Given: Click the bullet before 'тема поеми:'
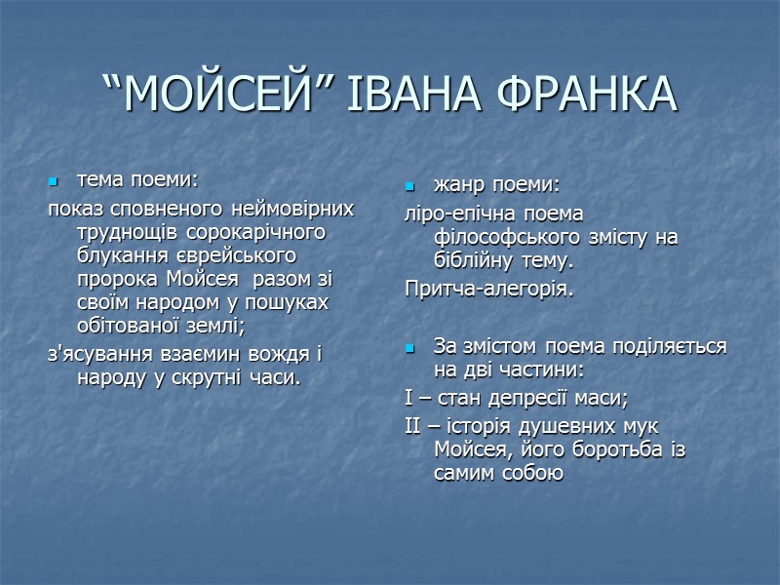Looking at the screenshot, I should [x=55, y=181].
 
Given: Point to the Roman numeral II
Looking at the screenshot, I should [x=411, y=426].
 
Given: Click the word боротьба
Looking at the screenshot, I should [x=616, y=450].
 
